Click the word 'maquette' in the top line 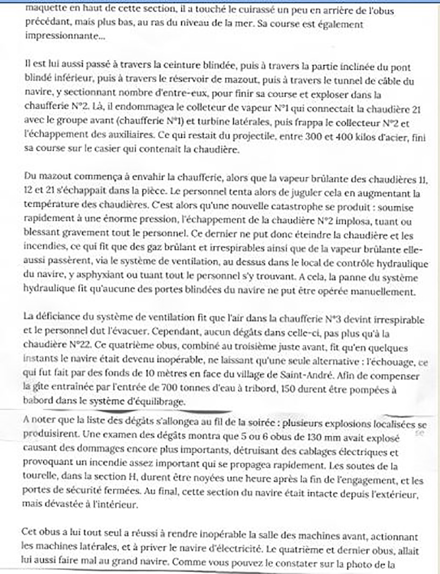44,9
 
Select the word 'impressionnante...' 65,36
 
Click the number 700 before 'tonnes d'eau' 169,389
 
